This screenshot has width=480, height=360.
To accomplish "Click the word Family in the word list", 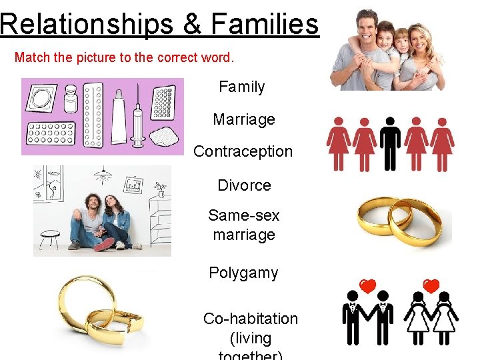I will coord(241,87).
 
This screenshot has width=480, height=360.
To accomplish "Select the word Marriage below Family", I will coord(243,120).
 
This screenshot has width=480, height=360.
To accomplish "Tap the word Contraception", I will coord(243,152).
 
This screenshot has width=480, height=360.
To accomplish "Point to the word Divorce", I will coord(244,185).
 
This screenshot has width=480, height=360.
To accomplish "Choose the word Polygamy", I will coord(243,273).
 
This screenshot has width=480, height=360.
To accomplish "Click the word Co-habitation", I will coord(250,319).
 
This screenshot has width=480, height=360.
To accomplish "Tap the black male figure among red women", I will coord(390,143).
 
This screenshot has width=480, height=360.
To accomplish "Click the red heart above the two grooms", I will coord(368,285).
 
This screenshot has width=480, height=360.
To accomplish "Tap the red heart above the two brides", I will coord(431,285).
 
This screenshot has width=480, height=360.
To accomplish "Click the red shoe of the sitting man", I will coord(104,244).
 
